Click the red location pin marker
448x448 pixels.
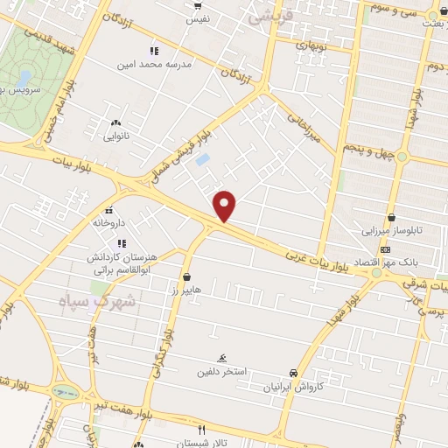tap(226, 205)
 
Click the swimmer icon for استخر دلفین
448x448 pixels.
tap(222, 358)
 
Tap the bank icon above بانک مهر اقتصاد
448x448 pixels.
tap(388, 249)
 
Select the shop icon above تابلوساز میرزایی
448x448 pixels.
tap(390, 218)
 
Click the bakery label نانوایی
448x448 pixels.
tap(116, 136)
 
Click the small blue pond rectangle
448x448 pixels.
tap(203, 161)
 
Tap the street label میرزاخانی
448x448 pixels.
tap(304, 124)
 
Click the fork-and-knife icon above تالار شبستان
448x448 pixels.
tap(201, 430)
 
